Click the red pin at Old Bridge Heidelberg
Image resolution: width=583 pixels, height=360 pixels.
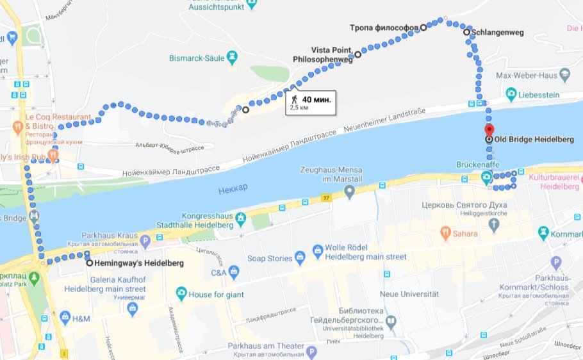pos(489,130)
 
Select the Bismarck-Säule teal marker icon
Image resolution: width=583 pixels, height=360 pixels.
pos(232,58)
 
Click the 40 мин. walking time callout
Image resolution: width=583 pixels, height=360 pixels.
pos(310,102)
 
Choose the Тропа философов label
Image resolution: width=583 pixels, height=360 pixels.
pos(384,28)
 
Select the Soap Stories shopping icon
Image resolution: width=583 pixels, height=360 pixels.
pos(299,259)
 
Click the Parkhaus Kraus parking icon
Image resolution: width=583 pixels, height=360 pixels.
pos(145,241)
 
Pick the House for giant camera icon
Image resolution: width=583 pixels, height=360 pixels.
pos(182,294)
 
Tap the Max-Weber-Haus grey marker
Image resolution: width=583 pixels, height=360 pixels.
pos(564,76)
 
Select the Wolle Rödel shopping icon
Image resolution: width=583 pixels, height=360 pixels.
pos(317,249)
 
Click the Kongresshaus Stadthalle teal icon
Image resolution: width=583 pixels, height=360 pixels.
pos(241,220)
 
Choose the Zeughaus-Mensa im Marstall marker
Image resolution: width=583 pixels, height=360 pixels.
pos(349,192)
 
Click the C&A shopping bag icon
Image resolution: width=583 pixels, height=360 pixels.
pos(234,273)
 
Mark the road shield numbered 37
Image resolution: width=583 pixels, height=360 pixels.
pos(327,197)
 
